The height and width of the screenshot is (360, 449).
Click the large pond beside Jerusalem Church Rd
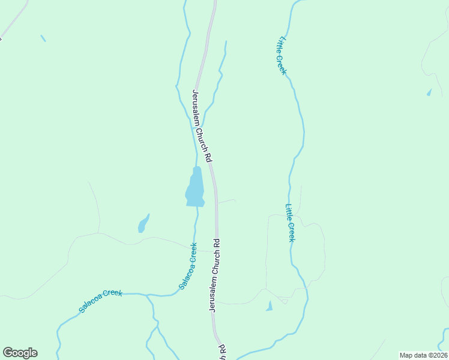pos(195,188)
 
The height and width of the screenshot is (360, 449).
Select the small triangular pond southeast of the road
pos(269,307)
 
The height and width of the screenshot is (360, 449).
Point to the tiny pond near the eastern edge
pos(429,92)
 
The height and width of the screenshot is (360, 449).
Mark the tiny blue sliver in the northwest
pos(43,38)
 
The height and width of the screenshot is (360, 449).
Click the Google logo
pos(20,353)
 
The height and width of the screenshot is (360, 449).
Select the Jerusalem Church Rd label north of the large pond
pos(202,126)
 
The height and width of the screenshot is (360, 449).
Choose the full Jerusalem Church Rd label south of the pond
pos(214,275)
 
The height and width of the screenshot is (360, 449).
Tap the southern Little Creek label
pos(290,223)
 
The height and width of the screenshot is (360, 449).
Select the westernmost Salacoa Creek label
pos(100,301)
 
